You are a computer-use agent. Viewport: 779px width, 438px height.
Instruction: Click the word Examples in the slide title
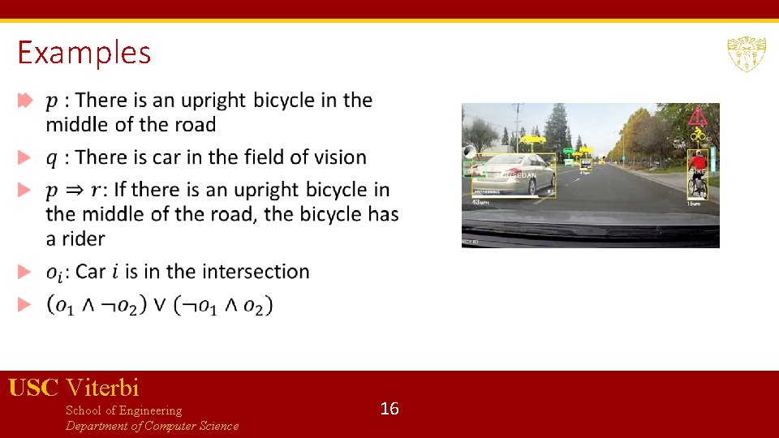coord(84,53)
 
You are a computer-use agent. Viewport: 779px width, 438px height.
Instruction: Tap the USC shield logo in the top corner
coord(746,54)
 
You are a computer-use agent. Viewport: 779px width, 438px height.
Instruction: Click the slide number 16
coord(389,409)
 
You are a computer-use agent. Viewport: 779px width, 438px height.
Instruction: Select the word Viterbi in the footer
coord(102,387)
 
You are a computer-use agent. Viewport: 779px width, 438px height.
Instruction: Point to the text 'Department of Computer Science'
coord(152,426)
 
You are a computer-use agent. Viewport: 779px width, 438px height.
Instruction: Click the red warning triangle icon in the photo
coord(696,117)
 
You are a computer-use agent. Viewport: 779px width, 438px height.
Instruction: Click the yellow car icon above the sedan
coord(532,140)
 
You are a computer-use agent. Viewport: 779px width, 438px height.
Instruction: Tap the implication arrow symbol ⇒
coord(77,191)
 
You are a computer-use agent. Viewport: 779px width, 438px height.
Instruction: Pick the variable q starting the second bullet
coord(52,158)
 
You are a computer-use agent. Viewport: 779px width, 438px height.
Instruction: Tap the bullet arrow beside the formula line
coord(24,304)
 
